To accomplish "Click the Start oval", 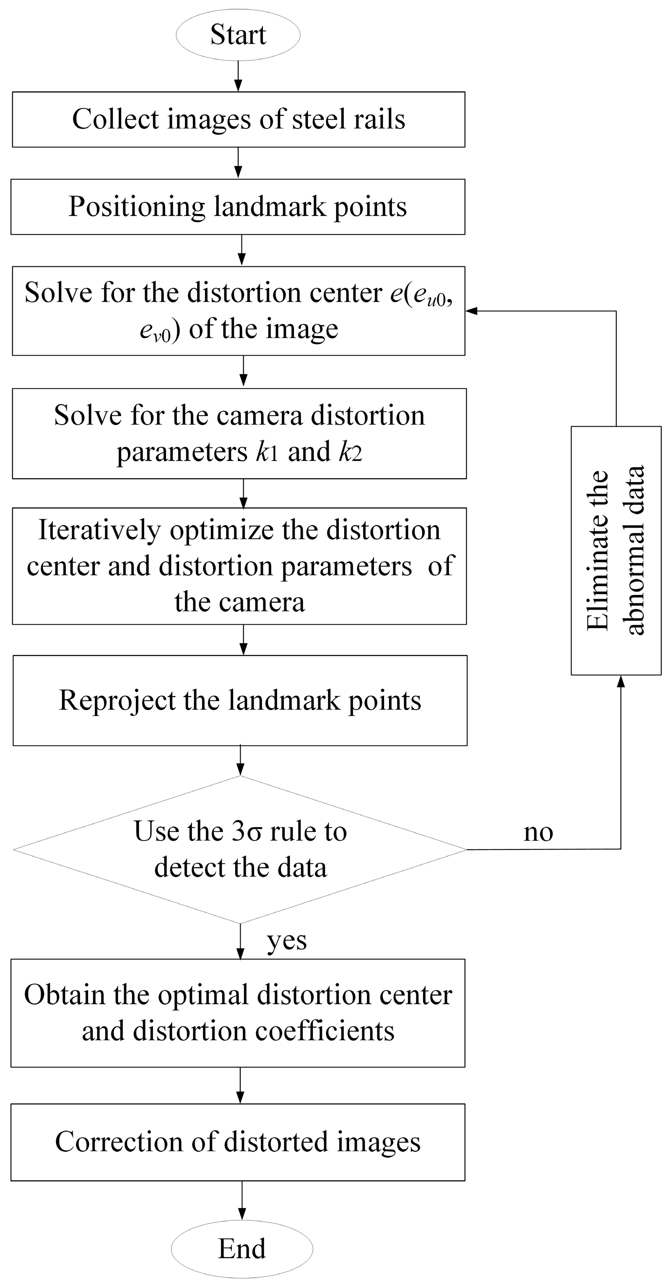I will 238,34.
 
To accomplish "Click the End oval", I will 242,1248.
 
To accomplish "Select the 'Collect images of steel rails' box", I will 239,120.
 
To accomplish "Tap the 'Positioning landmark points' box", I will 238,207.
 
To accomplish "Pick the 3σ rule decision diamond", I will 240,849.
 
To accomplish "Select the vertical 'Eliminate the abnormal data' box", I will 615,550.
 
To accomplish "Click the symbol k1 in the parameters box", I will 266,452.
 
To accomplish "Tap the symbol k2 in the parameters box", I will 350,452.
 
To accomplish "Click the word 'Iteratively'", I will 99,531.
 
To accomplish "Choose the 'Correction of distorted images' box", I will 238,1143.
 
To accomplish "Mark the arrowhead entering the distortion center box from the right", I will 472,311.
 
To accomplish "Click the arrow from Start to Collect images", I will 238,76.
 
